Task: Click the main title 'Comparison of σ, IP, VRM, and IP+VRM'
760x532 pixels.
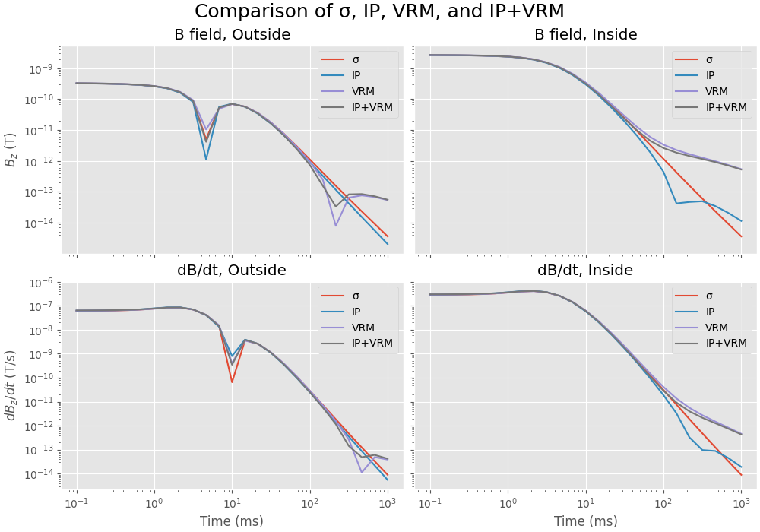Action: pos(379,12)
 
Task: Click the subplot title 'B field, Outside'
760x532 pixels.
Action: pos(232,34)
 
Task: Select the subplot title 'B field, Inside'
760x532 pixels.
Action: pos(586,34)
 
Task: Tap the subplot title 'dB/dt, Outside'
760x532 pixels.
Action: pos(232,270)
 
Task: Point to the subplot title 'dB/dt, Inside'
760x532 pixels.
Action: pos(586,270)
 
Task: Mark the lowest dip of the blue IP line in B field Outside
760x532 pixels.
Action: pos(206,159)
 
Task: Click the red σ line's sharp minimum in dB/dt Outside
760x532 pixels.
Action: pos(232,382)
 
